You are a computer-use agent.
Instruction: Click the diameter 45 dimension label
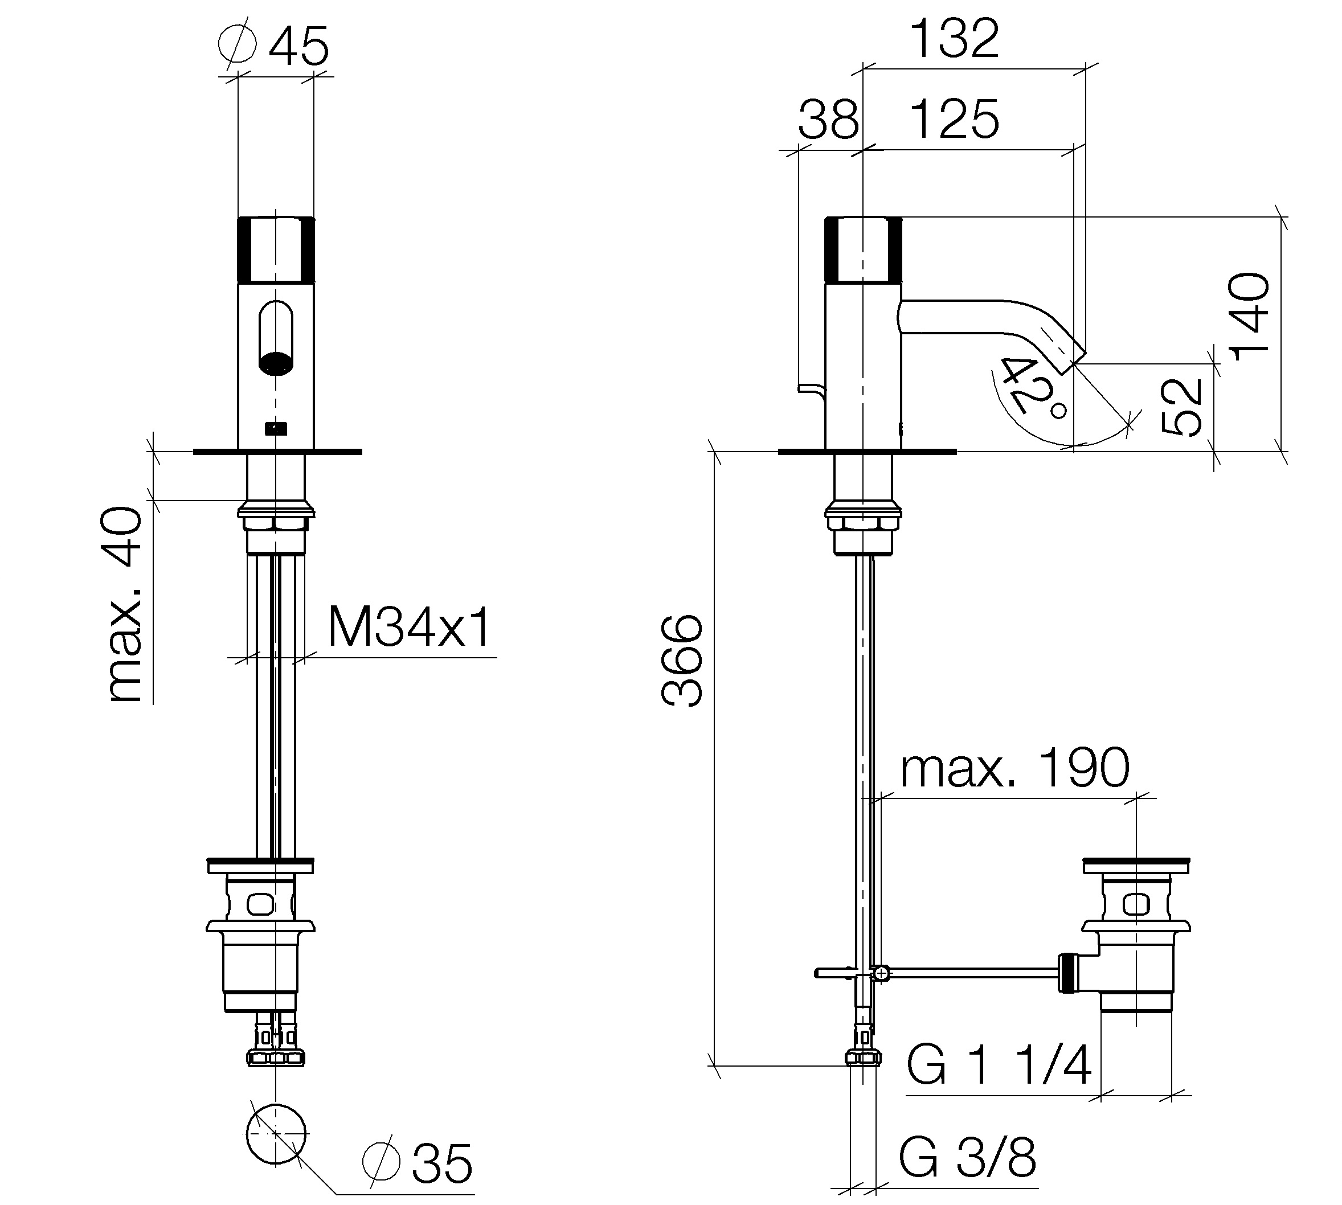273,45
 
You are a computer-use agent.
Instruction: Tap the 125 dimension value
955,120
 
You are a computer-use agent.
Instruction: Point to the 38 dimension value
828,120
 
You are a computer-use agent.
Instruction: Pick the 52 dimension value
1183,407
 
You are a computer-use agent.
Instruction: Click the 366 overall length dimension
682,661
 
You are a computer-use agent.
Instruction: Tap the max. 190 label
1014,768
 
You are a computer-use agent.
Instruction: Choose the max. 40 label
125,604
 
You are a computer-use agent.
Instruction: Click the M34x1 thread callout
410,627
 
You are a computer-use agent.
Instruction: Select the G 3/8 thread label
968,1157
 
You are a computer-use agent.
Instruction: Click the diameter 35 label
418,1163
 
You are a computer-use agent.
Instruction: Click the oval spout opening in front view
276,338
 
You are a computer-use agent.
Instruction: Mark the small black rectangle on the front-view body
276,429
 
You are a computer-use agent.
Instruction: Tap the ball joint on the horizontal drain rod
881,973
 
